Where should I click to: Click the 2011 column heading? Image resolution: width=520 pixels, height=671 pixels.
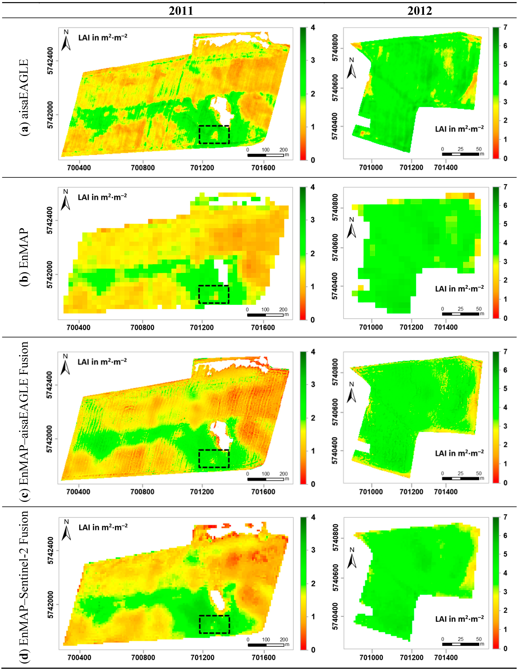(181, 11)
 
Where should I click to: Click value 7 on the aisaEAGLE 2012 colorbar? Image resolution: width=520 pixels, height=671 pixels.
(505, 27)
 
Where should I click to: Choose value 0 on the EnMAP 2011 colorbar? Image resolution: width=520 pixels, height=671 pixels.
(313, 320)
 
